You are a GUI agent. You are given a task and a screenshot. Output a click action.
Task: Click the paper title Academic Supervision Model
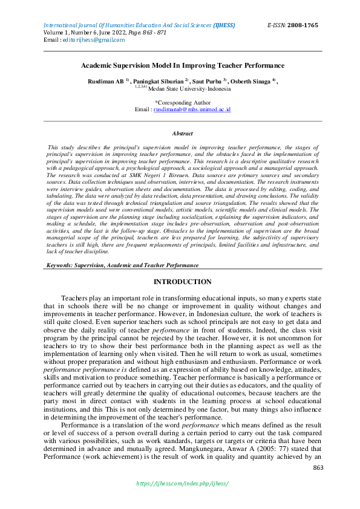(182, 65)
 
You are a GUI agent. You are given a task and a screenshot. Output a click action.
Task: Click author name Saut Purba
(209, 81)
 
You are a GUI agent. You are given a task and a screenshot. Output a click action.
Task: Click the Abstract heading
(182, 134)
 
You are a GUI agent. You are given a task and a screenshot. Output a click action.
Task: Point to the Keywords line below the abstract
(123, 265)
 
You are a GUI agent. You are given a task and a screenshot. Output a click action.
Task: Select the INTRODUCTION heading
(182, 282)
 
